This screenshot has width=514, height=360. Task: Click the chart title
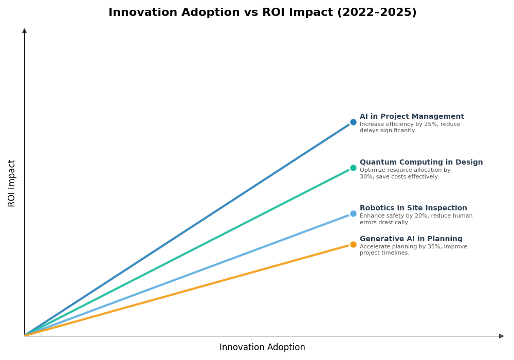(x=262, y=13)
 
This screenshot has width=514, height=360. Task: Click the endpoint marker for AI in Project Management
(x=353, y=122)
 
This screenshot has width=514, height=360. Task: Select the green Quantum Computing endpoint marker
(x=353, y=168)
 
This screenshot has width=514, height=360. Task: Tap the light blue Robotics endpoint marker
(x=353, y=214)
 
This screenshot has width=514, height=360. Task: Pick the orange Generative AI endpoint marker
(x=353, y=245)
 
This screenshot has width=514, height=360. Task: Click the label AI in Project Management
(x=412, y=117)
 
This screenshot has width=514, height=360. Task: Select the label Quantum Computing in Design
(x=421, y=163)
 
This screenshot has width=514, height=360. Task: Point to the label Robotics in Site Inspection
(x=413, y=208)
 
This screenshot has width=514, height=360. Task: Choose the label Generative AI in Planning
(x=411, y=239)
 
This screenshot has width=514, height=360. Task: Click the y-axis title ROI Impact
(x=12, y=183)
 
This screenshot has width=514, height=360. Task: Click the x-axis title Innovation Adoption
(x=262, y=348)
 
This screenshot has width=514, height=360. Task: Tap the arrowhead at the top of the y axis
(x=24, y=31)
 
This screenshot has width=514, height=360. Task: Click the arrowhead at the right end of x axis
(x=501, y=336)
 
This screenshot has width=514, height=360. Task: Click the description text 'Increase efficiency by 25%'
(x=410, y=124)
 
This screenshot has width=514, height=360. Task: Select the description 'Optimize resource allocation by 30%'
(x=405, y=170)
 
